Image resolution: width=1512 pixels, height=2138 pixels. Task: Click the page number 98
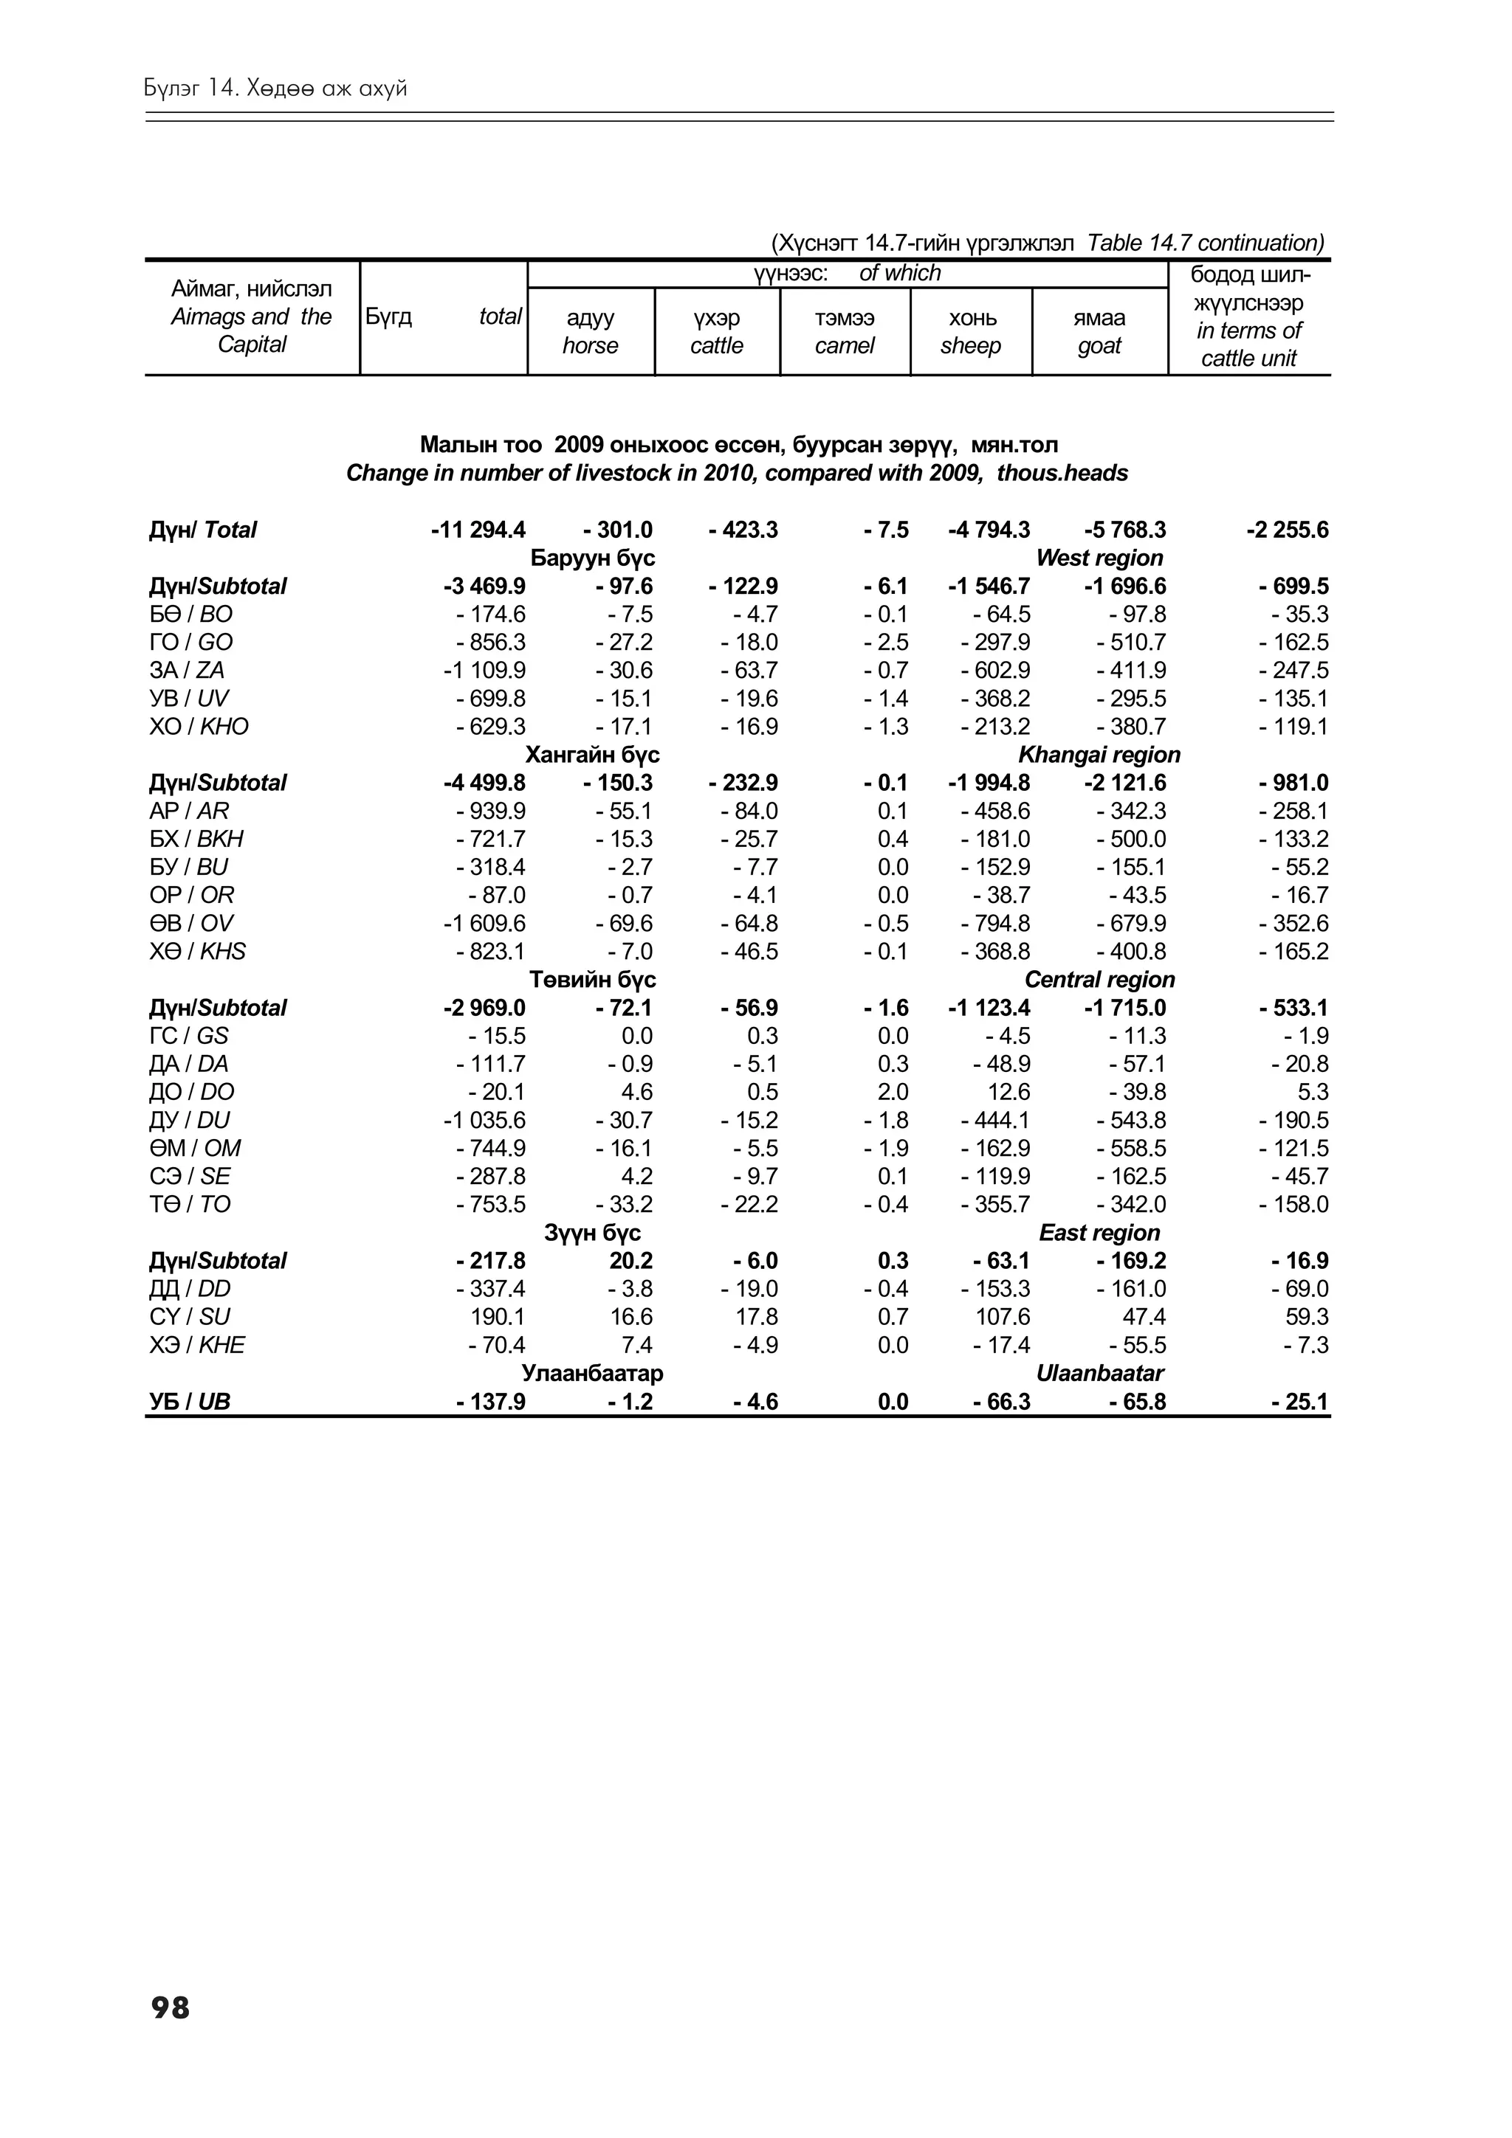pos(170,2007)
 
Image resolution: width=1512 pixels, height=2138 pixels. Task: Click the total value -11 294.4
pos(478,530)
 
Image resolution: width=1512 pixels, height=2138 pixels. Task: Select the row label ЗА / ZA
pos(186,671)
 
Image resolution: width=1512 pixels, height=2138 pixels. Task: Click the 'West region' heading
pos(1099,558)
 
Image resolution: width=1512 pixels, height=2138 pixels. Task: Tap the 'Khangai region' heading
pos(1099,754)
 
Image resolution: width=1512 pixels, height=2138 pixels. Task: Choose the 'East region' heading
pos(1099,1232)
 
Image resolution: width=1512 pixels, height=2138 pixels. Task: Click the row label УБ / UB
pos(189,1402)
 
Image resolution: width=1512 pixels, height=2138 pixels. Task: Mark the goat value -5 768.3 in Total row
pos(1124,530)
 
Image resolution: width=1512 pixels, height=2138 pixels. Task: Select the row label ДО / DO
pos(192,1091)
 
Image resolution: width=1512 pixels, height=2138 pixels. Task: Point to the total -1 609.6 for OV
pos(484,923)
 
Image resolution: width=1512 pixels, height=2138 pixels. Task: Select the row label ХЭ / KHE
pos(196,1345)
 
